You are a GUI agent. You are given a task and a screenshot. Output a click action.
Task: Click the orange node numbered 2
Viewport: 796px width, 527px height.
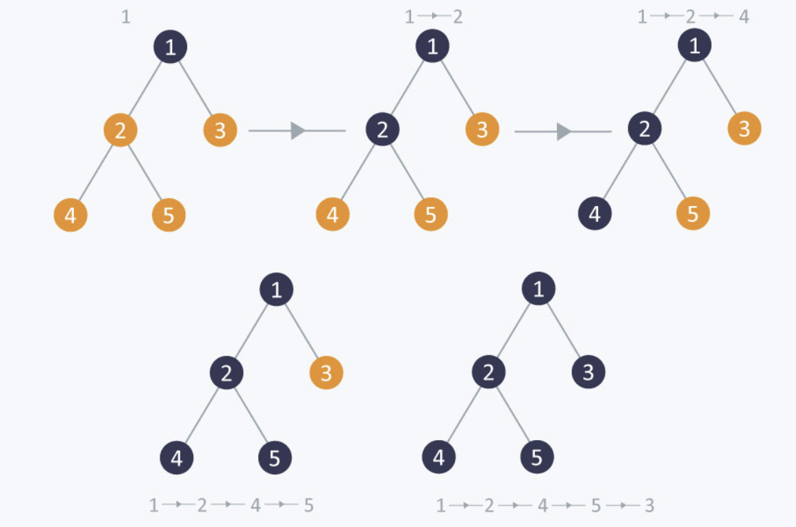(x=121, y=130)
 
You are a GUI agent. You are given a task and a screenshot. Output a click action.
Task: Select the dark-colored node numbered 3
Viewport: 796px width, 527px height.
(x=588, y=372)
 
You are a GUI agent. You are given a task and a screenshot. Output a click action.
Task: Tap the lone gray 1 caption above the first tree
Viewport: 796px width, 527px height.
(x=125, y=16)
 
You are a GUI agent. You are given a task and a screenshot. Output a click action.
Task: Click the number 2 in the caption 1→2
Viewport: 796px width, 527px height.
(x=457, y=16)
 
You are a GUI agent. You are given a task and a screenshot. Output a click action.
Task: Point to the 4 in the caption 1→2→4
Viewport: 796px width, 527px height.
(x=744, y=16)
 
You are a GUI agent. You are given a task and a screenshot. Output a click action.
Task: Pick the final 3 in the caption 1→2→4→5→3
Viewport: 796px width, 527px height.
(x=649, y=506)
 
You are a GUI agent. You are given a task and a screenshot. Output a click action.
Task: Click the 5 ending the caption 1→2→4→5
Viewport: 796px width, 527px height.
(x=308, y=506)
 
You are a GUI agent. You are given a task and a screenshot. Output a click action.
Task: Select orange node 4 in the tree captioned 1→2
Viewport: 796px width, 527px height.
(x=332, y=215)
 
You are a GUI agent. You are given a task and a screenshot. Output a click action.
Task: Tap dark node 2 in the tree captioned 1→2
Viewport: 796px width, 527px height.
(x=382, y=130)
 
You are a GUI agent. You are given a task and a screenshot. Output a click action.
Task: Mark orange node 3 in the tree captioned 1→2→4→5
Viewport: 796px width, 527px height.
(x=326, y=373)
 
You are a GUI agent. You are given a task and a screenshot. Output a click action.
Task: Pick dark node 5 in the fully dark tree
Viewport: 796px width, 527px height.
(x=536, y=458)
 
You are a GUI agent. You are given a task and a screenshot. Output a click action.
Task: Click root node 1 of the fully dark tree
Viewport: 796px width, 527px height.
(x=538, y=290)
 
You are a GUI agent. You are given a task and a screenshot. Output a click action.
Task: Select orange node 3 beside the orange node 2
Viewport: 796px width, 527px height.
(x=220, y=130)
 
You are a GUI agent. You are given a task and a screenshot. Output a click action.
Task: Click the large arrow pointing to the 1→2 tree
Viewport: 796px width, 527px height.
(x=297, y=130)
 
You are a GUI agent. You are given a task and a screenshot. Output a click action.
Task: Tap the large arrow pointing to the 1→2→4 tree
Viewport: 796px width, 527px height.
(x=562, y=131)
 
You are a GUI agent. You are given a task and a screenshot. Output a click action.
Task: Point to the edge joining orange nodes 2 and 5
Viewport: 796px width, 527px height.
(x=145, y=172)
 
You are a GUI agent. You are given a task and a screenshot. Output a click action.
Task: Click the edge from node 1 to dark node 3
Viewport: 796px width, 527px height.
(x=564, y=331)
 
